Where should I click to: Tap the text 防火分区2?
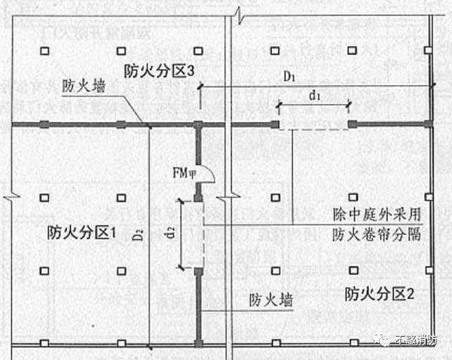[380, 292]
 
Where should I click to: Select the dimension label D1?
[289, 77]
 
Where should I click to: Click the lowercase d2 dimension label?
[171, 233]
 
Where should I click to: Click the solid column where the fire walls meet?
[198, 124]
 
